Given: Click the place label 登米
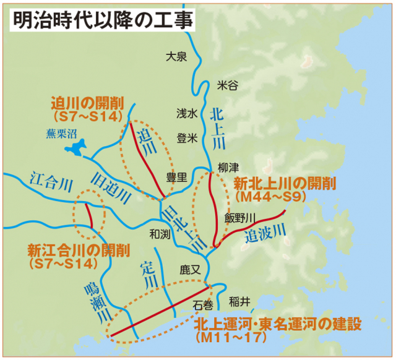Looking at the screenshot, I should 187,138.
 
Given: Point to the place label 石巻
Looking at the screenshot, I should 203,304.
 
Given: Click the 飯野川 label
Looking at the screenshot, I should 240,218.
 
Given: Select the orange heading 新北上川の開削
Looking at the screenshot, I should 285,184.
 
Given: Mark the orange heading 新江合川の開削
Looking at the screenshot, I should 79,251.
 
